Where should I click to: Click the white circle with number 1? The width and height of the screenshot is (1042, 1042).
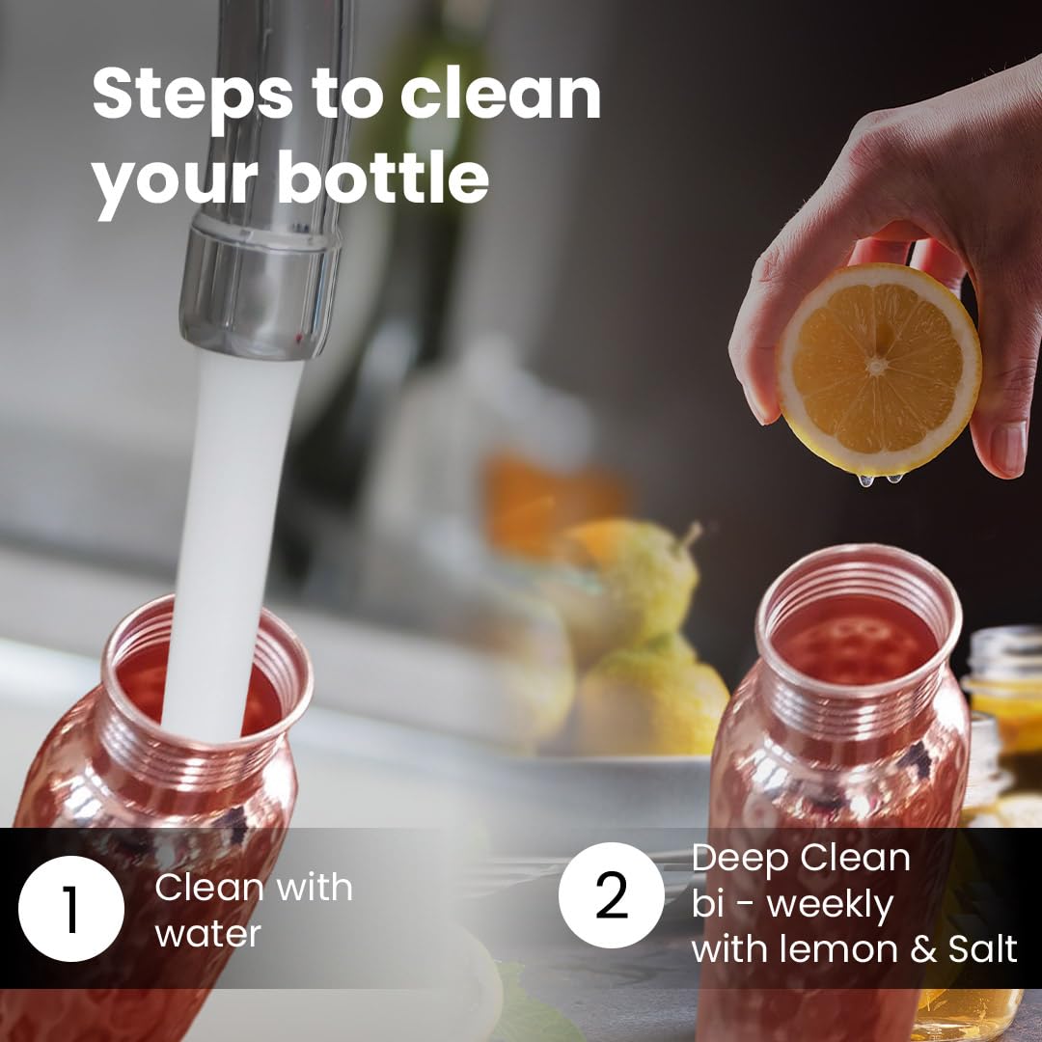71,909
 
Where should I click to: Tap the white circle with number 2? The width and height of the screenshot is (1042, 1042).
612,895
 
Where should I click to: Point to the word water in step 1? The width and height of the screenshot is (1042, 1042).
207,934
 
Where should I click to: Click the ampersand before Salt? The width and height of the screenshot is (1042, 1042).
923,948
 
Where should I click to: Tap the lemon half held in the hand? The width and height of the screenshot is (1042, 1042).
879,369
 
